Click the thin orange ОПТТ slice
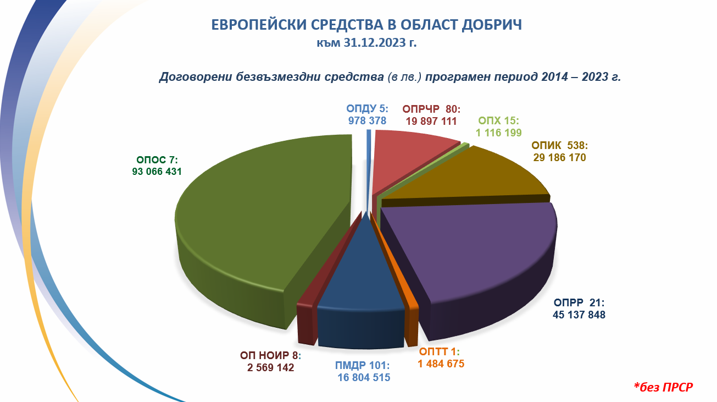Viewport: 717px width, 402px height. (x=403, y=288)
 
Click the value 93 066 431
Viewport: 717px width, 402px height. (x=157, y=172)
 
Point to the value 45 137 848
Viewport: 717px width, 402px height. (x=579, y=315)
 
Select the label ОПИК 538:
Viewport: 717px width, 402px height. (x=559, y=145)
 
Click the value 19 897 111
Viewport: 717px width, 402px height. (x=431, y=121)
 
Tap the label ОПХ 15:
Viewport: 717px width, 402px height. (x=498, y=120)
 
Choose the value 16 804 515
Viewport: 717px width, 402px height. (x=364, y=377)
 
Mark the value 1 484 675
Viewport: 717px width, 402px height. (x=441, y=364)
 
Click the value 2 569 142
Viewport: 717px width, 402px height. (x=270, y=367)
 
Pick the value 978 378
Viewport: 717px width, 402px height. (x=367, y=120)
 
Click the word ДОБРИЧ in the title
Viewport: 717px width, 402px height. (x=492, y=25)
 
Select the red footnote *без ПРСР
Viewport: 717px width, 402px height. (x=663, y=387)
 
